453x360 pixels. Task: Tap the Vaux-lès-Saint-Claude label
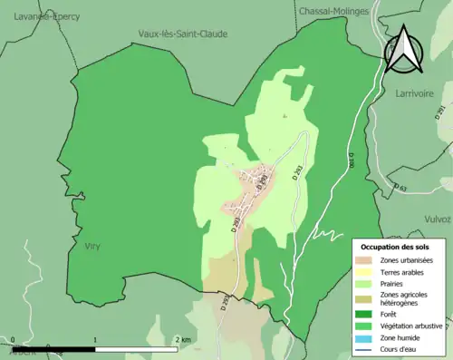click(x=182, y=34)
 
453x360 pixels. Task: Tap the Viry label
click(x=92, y=246)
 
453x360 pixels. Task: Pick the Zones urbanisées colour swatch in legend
click(x=371, y=261)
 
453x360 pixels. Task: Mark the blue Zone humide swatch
click(x=371, y=341)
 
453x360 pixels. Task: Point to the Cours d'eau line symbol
click(x=371, y=352)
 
